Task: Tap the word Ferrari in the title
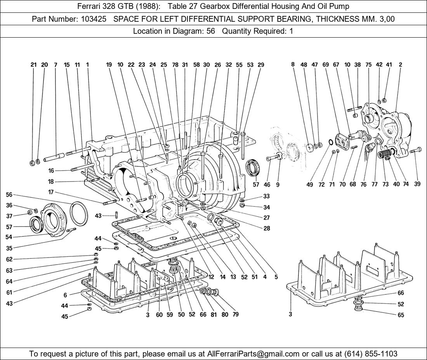tap(90, 6)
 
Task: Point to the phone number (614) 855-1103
tap(371, 354)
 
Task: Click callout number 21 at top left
tap(34, 65)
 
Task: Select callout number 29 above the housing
tap(261, 65)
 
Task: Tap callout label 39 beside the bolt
tap(417, 184)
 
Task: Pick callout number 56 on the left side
tap(9, 195)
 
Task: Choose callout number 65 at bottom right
tap(401, 315)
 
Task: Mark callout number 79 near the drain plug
tap(236, 315)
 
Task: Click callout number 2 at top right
tap(400, 65)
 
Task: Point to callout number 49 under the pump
tap(309, 185)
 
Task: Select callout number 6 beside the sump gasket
tap(65, 295)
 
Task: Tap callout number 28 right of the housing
tap(267, 228)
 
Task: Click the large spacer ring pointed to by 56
tap(79, 213)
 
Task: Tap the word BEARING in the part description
tap(323, 19)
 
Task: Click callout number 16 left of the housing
tap(51, 171)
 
